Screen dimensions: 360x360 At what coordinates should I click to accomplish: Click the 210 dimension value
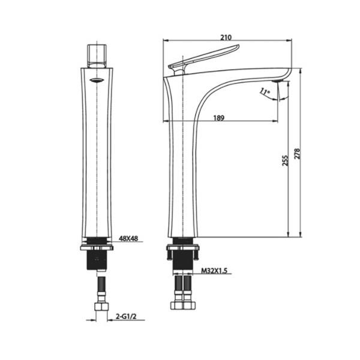point(226,37)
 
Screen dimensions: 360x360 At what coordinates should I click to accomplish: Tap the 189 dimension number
point(219,118)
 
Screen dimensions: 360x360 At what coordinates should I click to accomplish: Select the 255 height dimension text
point(284,160)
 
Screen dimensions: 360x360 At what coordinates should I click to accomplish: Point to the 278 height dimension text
point(297,154)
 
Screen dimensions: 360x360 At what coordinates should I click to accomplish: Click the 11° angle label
point(265,92)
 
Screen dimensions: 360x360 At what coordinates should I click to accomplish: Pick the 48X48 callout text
point(128,239)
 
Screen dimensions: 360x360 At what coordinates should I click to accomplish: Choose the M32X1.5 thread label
point(214,271)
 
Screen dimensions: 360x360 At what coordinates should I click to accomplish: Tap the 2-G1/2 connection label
point(126,317)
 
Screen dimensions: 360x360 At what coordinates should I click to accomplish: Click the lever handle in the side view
point(204,59)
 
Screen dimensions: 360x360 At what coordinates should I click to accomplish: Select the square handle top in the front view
point(97,55)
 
